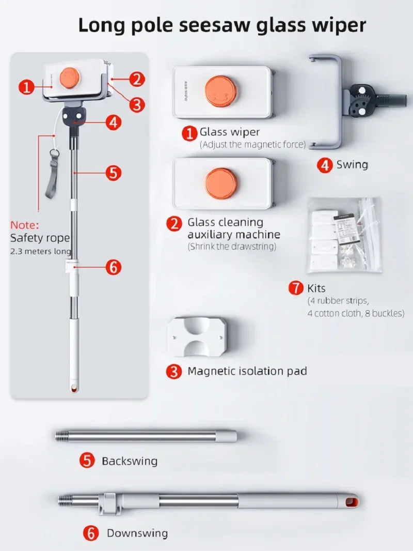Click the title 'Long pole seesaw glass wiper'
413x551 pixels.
point(222,24)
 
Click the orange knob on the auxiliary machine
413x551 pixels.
point(221,183)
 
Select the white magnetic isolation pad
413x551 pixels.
point(198,336)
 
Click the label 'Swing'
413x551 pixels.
point(352,165)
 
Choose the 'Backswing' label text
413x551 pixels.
point(130,461)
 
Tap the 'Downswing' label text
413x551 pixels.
point(137,533)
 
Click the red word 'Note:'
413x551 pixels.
point(25,225)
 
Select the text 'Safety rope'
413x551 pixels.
point(40,238)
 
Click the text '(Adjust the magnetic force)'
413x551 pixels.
point(252,145)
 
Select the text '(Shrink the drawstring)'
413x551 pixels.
point(232,247)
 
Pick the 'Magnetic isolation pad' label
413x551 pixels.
point(247,371)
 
